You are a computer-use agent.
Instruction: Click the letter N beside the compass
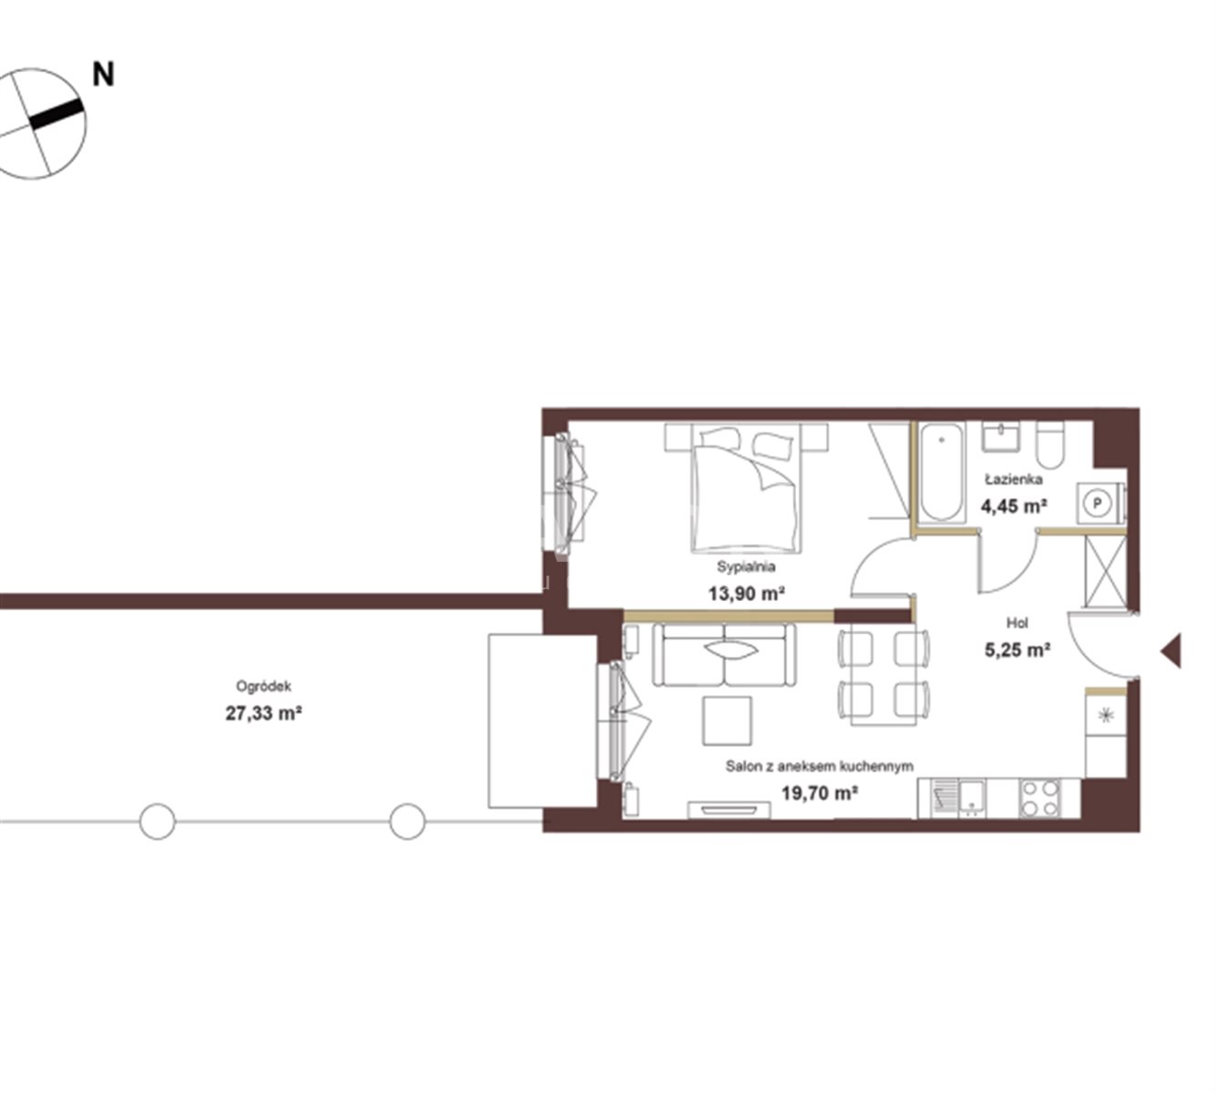click(103, 75)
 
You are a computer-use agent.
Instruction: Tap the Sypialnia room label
click(746, 567)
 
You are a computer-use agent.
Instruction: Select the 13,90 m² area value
click(746, 594)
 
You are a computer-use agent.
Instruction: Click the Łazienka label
click(1014, 479)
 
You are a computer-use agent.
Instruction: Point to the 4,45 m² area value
click(1014, 506)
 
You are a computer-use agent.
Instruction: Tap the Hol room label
click(1017, 623)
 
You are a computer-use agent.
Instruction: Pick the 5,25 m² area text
click(1017, 649)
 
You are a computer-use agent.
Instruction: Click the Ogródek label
click(263, 686)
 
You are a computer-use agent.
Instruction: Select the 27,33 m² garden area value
click(263, 713)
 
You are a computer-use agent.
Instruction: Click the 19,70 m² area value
click(819, 792)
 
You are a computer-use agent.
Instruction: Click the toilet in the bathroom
click(1049, 445)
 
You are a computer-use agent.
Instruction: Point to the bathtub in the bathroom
click(941, 472)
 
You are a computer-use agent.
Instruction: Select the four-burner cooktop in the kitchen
click(1040, 798)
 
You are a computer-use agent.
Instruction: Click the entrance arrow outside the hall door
click(1171, 651)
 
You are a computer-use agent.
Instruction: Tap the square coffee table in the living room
click(727, 720)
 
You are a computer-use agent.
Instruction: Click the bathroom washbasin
click(1001, 436)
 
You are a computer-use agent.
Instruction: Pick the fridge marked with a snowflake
click(1106, 715)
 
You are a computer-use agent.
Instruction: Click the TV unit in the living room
click(729, 810)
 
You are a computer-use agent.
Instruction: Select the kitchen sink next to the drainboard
click(972, 799)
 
